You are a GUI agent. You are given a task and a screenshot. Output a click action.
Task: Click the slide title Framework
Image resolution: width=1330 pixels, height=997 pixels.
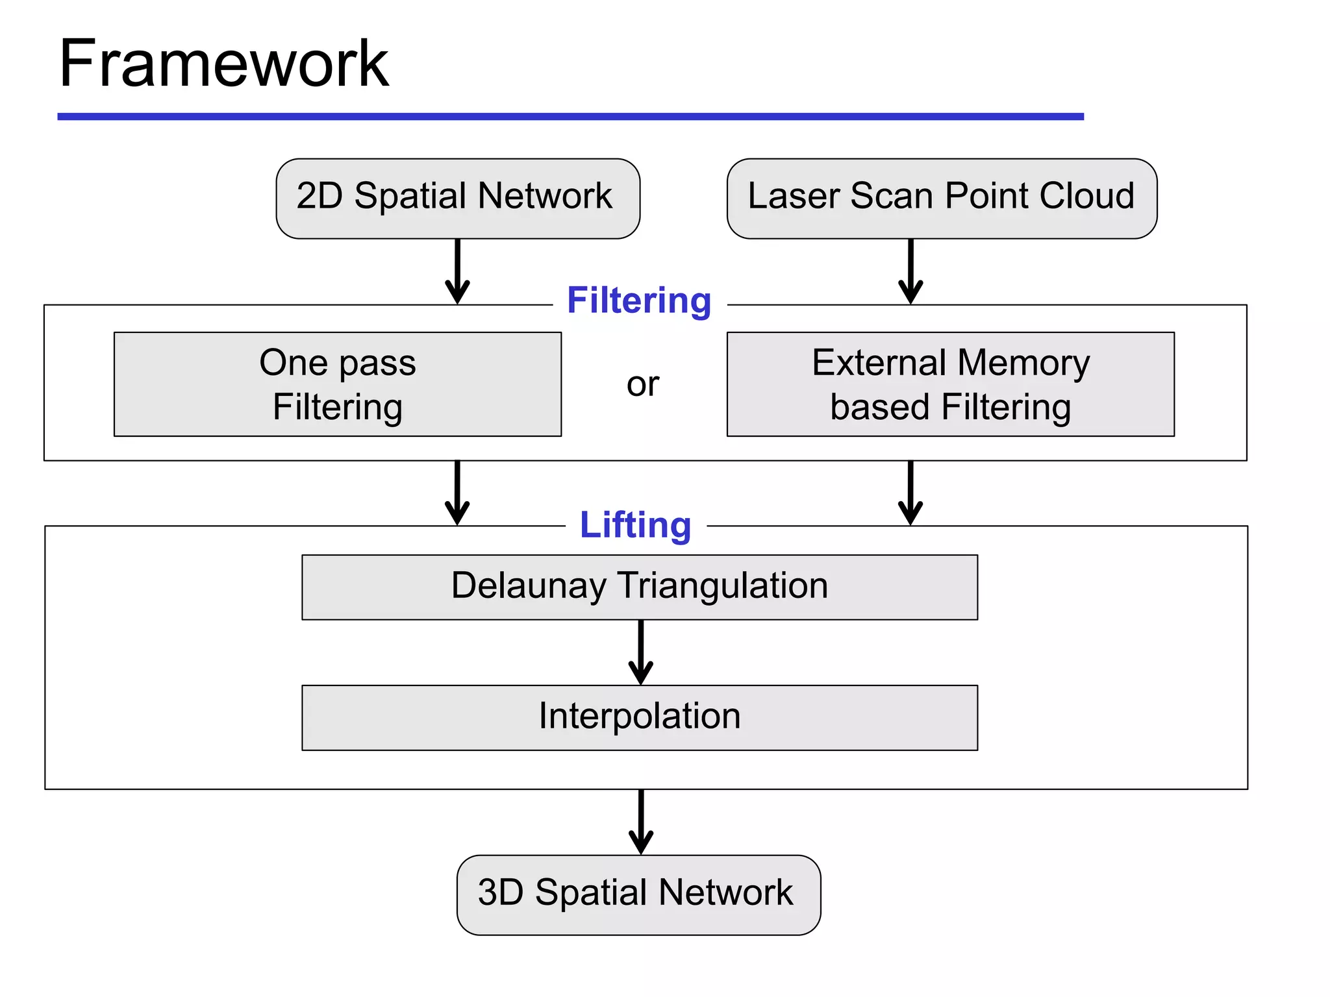[223, 64]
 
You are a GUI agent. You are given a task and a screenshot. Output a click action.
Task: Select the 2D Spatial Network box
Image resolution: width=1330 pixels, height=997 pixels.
[457, 198]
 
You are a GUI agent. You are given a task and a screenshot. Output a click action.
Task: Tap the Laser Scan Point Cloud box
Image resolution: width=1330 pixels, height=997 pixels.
[941, 198]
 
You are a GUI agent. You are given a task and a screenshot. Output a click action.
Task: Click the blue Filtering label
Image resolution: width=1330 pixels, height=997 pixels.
[639, 301]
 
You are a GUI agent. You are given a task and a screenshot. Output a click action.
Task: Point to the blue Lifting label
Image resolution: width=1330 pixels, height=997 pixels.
[635, 524]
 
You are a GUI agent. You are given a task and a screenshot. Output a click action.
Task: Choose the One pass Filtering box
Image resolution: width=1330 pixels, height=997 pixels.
[337, 384]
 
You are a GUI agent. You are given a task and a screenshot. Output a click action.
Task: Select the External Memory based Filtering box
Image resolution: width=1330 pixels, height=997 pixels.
[950, 384]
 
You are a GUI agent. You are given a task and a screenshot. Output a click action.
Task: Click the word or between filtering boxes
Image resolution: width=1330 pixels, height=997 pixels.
[642, 384]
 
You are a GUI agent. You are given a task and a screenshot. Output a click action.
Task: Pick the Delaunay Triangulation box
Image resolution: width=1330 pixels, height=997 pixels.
[639, 587]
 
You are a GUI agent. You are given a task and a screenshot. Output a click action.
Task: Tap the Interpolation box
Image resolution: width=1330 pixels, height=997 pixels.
[639, 717]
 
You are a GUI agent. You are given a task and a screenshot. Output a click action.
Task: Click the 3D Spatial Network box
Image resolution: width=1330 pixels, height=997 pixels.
[638, 894]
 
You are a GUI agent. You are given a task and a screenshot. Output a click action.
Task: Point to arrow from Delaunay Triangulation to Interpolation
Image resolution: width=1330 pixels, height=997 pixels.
[640, 652]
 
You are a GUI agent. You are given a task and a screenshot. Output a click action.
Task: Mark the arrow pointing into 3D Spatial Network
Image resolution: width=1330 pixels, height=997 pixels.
[640, 822]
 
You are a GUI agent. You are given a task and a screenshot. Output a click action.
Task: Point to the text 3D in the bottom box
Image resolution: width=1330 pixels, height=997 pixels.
[500, 892]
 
